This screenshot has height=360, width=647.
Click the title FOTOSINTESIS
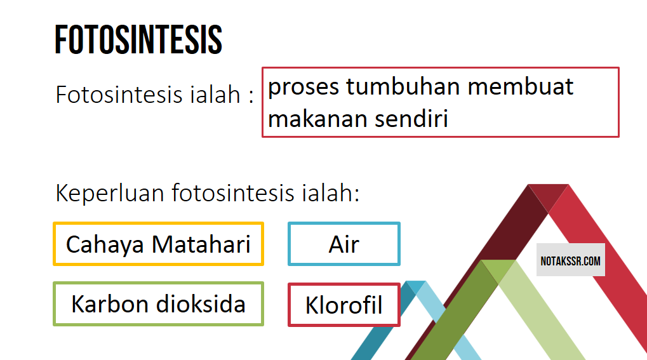pyautogui.click(x=138, y=39)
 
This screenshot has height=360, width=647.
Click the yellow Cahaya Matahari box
pyautogui.click(x=158, y=244)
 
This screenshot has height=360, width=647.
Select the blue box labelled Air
pyautogui.click(x=344, y=244)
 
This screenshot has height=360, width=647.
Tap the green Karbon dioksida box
pyautogui.click(x=158, y=304)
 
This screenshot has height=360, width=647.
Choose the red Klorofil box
pyautogui.click(x=344, y=305)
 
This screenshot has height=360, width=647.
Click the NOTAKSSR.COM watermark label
pyautogui.click(x=570, y=260)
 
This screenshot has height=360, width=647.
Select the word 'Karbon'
pyautogui.click(x=105, y=304)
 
